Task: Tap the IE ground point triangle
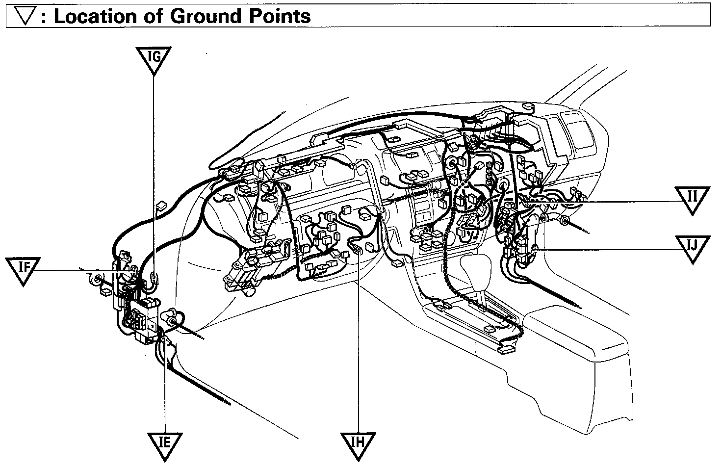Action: point(165,442)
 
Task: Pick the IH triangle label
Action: point(359,442)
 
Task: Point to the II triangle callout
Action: point(692,198)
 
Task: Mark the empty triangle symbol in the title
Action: point(23,17)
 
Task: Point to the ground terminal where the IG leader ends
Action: point(154,278)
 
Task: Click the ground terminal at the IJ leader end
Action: point(534,249)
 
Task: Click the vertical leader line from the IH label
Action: point(359,343)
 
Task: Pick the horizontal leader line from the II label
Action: point(613,202)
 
